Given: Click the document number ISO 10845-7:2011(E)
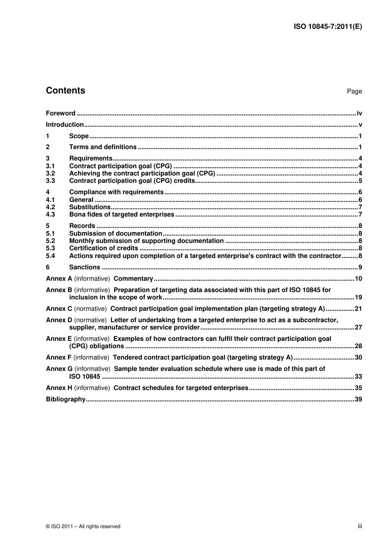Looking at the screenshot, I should pyautogui.click(x=327, y=27).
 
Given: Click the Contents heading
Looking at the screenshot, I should pyautogui.click(x=65, y=91).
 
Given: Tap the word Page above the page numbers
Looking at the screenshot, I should pyautogui.click(x=354, y=91).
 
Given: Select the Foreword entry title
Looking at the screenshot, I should pyautogui.click(x=61, y=113).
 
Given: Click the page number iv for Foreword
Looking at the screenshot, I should pyautogui.click(x=359, y=113).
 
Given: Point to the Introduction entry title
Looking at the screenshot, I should pyautogui.click(x=65, y=125).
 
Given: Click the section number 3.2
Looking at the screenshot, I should pyautogui.click(x=50, y=173).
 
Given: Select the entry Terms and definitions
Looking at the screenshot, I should pyautogui.click(x=103, y=147).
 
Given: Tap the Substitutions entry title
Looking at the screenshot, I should pyautogui.click(x=90, y=207).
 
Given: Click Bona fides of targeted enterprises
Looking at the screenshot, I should pyautogui.click(x=121, y=214).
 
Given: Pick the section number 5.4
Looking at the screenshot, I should pyautogui.click(x=50, y=256).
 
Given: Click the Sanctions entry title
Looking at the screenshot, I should pyautogui.click(x=85, y=267).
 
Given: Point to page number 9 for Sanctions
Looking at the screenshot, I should pyautogui.click(x=360, y=267).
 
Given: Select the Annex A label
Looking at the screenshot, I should pyautogui.click(x=59, y=279).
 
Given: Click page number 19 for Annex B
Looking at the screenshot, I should pyautogui.click(x=358, y=297).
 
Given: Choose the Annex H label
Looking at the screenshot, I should pyautogui.click(x=59, y=388).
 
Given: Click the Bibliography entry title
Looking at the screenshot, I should pyautogui.click(x=66, y=399).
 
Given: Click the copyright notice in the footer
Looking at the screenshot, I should pyautogui.click(x=83, y=526).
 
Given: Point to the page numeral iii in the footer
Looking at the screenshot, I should pyautogui.click(x=360, y=526).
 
